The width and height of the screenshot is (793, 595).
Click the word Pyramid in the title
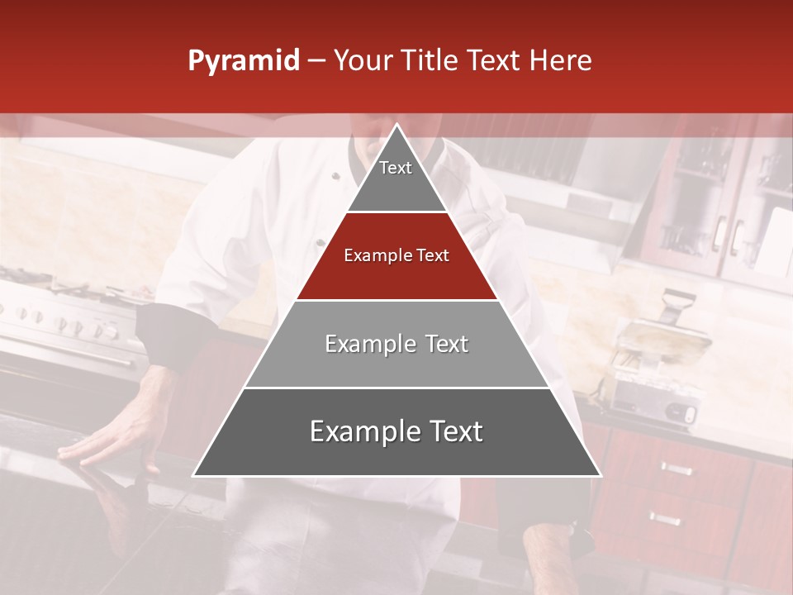click(x=244, y=61)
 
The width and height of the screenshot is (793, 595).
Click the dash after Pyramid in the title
click(x=316, y=61)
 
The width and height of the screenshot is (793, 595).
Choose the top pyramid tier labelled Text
click(x=396, y=178)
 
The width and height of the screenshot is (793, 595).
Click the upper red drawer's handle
click(x=676, y=469)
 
